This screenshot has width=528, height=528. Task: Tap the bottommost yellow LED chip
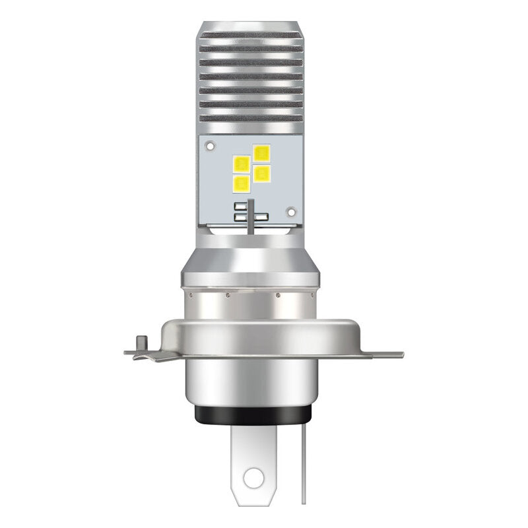pos(242,182)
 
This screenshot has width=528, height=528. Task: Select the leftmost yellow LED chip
pos(240,163)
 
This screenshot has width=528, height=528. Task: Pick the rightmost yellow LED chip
pos(262,173)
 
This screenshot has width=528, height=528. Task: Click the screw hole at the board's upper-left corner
pos(209,143)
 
